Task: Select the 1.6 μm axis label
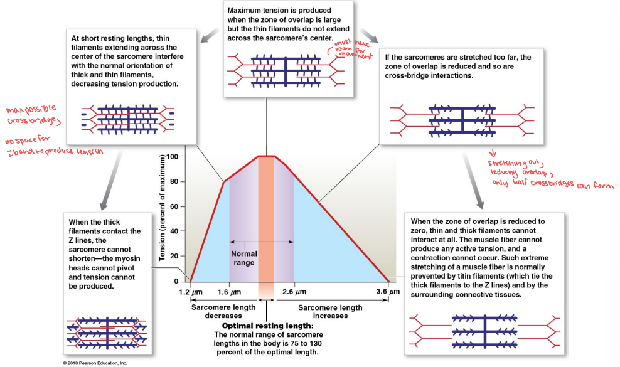coord(228,292)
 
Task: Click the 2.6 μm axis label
coord(294,292)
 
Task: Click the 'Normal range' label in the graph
coord(244,258)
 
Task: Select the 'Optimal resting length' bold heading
coord(267,326)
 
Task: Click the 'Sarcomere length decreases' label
coord(222,312)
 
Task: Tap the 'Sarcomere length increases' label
coord(330,312)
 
